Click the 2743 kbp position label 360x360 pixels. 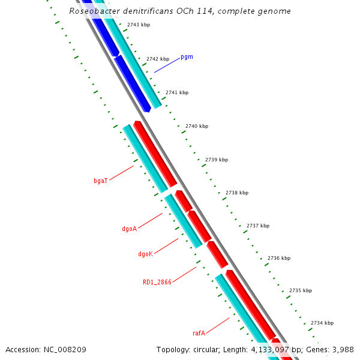(139, 25)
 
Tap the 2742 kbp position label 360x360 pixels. (158, 59)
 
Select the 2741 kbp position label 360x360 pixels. (177, 92)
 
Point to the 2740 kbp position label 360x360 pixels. (197, 126)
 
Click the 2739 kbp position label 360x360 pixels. (217, 160)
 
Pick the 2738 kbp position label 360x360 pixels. (237, 193)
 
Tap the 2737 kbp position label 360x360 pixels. (258, 226)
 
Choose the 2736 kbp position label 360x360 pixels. (279, 258)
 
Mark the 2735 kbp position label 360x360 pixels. (301, 290)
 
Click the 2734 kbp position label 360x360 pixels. (322, 323)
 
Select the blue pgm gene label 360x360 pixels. (187, 57)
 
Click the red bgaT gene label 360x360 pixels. (100, 181)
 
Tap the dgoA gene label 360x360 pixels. (130, 229)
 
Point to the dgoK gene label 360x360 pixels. (145, 254)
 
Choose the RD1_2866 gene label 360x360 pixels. (157, 281)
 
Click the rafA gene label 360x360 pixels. (199, 333)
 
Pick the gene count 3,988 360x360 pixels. (343, 349)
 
